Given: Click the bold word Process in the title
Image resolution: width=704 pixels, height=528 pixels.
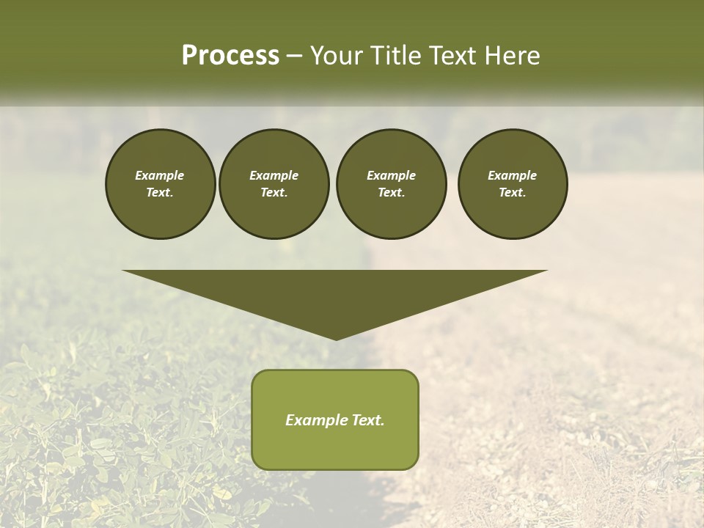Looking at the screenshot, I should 230,56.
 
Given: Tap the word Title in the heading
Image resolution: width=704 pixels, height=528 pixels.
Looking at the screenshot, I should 396,56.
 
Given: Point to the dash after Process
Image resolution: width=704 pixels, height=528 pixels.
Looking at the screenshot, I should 294,56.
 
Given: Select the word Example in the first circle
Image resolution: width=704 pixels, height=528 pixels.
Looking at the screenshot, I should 160,175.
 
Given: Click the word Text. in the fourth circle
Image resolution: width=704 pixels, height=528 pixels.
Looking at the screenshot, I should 512,192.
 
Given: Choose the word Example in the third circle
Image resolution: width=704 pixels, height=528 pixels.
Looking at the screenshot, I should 391,175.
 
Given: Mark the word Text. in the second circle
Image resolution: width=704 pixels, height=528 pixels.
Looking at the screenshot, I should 274,192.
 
